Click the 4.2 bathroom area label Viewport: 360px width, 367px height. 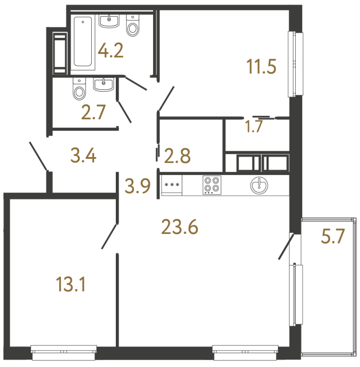point(110,51)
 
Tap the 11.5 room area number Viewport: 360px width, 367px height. point(261,67)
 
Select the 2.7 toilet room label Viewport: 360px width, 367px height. point(93,112)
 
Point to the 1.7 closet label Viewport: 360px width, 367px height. point(254,127)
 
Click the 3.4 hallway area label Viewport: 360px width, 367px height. point(82,155)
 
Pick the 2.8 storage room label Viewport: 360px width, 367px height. point(177,154)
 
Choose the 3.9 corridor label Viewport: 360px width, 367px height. point(138,185)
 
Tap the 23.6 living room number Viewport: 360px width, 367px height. point(180,227)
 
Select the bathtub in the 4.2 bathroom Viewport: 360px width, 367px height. point(84,43)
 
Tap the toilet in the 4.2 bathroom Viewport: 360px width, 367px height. point(133,26)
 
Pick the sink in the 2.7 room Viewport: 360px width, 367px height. point(104,85)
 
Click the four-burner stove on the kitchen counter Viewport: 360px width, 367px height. point(211,185)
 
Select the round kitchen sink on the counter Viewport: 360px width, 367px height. point(260,185)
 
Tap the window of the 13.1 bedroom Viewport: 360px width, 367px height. point(63,348)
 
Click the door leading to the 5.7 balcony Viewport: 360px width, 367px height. point(285,246)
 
